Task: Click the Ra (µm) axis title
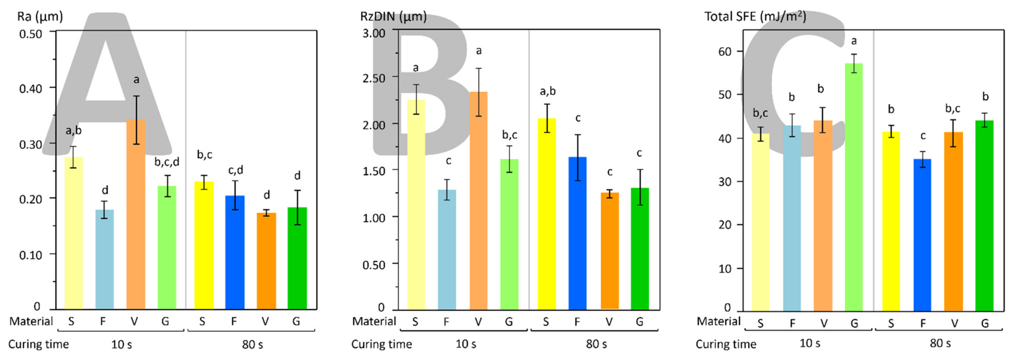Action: pyautogui.click(x=40, y=17)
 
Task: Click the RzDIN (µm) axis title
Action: pyautogui.click(x=393, y=17)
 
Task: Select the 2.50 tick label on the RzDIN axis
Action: pyautogui.click(x=374, y=78)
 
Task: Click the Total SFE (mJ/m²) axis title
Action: pyautogui.click(x=755, y=17)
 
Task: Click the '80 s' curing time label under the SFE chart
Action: pyautogui.click(x=940, y=343)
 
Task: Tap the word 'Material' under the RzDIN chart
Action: pyautogui.click(x=374, y=321)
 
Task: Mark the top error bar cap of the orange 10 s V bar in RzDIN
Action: pyautogui.click(x=479, y=68)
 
